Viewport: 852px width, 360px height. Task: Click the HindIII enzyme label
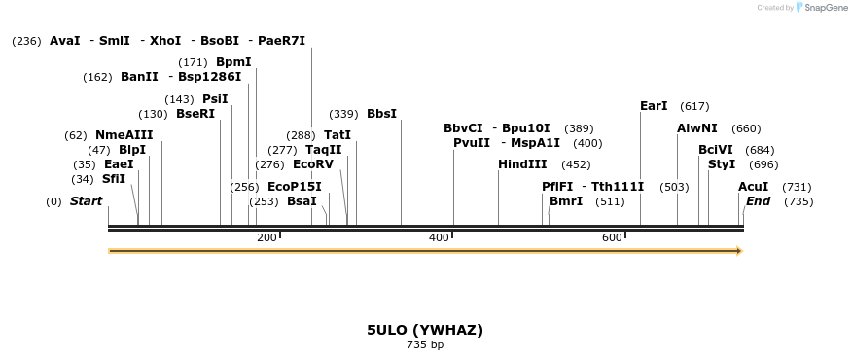[x=522, y=164]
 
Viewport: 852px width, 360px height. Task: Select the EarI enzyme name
[x=654, y=106]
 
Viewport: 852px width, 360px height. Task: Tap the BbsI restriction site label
[x=381, y=114]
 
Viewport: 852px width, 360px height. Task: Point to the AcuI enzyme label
[x=753, y=187]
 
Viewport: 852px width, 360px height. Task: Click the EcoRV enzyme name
[x=312, y=164]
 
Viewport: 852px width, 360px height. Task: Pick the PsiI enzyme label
[x=215, y=99]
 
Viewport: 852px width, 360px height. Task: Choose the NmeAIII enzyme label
[x=124, y=135]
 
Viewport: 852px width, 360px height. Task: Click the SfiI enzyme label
[x=113, y=179]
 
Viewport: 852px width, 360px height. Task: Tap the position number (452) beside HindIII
[x=576, y=164]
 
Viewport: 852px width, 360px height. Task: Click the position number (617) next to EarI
[x=694, y=106]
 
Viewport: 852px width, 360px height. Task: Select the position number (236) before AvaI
[x=26, y=41]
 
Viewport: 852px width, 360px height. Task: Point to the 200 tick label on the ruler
[x=266, y=238]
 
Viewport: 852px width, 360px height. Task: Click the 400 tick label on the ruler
[x=439, y=238]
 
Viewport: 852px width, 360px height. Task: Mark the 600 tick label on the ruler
[x=612, y=238]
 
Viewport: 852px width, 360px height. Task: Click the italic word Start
[x=86, y=201]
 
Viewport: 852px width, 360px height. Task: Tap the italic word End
[x=758, y=201]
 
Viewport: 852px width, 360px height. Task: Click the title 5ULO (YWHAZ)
[x=425, y=330]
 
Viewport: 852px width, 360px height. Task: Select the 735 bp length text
[x=425, y=344]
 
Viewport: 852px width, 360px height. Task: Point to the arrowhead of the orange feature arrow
[x=739, y=251]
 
